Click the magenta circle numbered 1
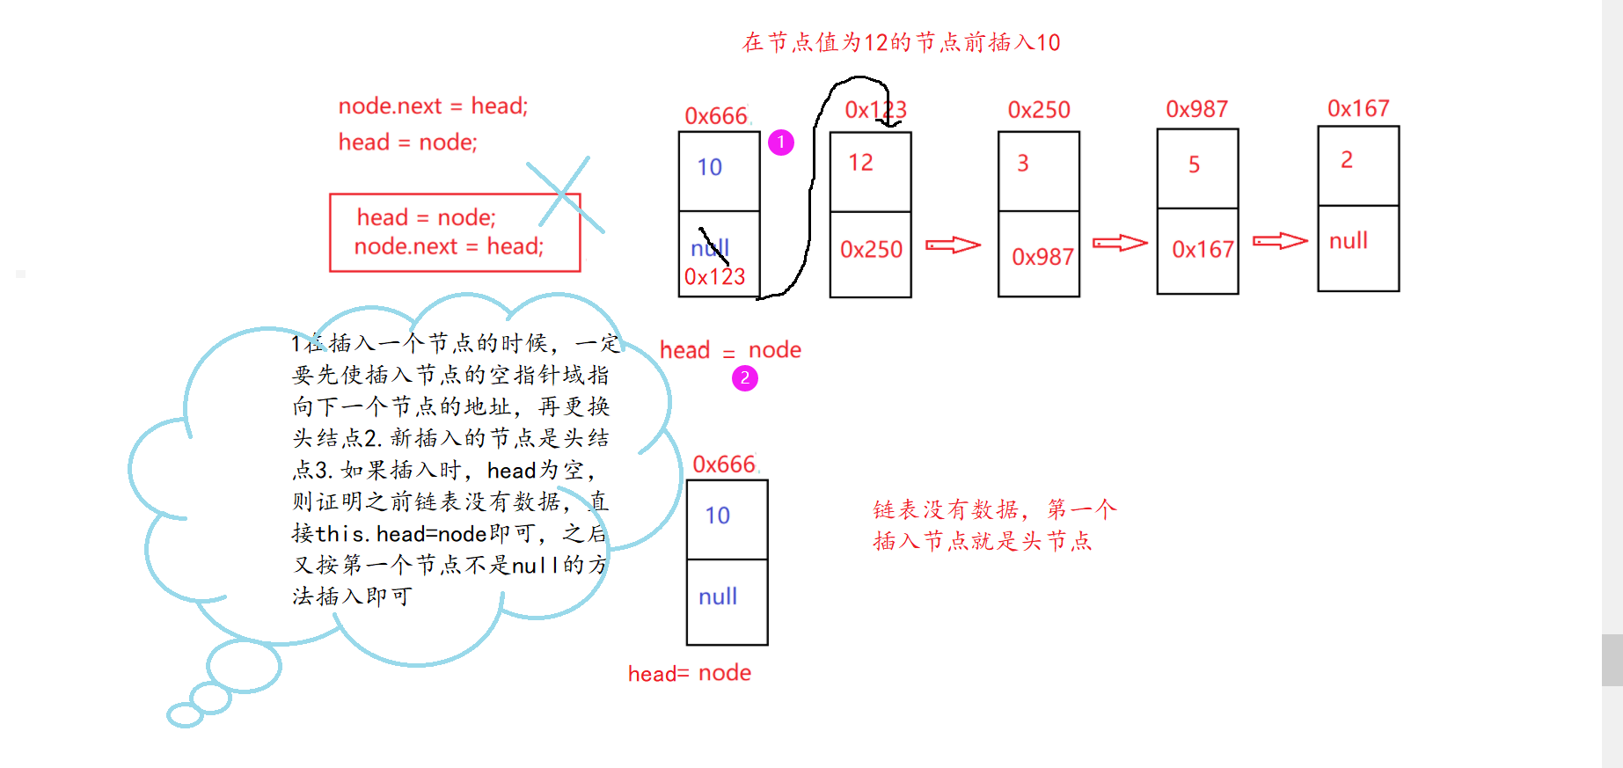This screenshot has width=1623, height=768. click(x=780, y=143)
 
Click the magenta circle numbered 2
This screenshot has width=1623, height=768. click(x=744, y=378)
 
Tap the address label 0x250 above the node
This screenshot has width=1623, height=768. click(x=1039, y=110)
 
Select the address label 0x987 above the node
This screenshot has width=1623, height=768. click(x=1196, y=109)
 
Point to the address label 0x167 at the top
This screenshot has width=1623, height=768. click(x=1357, y=108)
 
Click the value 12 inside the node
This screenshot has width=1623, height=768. click(x=860, y=163)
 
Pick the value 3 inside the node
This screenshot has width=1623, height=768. click(x=1022, y=164)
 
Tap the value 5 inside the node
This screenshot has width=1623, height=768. click(x=1194, y=165)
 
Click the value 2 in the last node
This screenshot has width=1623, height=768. click(x=1346, y=160)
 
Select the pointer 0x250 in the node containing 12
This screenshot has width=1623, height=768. click(x=871, y=250)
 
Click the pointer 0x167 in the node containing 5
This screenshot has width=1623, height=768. click(x=1202, y=250)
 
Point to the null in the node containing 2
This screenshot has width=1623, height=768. click(x=1348, y=241)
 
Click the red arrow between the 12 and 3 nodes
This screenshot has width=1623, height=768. click(x=953, y=245)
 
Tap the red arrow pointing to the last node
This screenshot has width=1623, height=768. click(x=1279, y=241)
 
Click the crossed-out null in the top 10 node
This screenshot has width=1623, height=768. click(x=711, y=248)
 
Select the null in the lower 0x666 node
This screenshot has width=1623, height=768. click(x=718, y=596)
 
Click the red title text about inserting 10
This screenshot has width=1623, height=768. click(x=901, y=42)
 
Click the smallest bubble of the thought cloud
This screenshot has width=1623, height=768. click(x=185, y=715)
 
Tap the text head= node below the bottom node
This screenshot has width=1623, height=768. click(x=689, y=674)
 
